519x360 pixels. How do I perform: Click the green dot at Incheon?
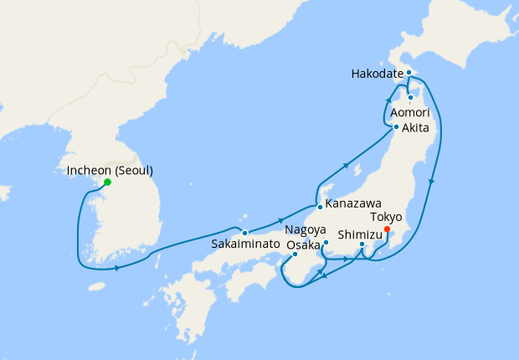(x=106, y=183)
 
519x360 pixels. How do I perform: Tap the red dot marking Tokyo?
(x=387, y=229)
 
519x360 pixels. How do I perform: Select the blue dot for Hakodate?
(x=409, y=73)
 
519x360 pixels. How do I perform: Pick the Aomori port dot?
(x=410, y=98)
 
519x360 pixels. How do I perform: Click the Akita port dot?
(x=395, y=127)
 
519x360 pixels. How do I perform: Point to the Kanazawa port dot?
(x=319, y=206)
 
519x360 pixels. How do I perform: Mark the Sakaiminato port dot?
(x=244, y=232)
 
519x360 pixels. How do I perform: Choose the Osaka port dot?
(x=295, y=255)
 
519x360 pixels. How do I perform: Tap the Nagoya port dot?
(x=325, y=242)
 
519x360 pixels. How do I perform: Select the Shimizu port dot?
(x=362, y=244)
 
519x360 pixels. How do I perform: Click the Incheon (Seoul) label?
(x=110, y=171)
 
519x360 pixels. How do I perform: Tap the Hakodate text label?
(x=378, y=74)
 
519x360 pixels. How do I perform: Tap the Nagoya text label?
(x=305, y=229)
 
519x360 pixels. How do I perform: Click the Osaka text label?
(x=303, y=244)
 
